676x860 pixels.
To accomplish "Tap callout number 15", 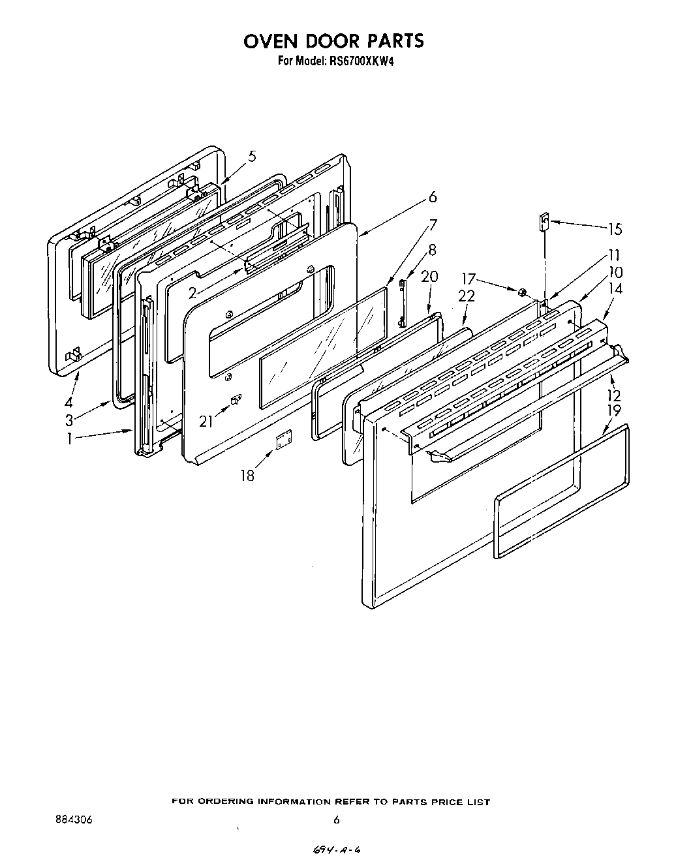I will [615, 229].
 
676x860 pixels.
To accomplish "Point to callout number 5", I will [252, 156].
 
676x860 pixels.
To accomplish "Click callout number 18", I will [247, 475].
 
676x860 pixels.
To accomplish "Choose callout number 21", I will [206, 422].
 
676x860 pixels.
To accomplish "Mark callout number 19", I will [614, 411].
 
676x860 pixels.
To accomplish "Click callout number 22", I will [466, 296].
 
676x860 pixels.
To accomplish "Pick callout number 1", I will [69, 439].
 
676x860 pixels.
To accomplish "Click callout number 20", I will [429, 277].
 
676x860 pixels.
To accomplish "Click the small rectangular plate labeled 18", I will [283, 440].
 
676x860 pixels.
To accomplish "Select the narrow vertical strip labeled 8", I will [403, 301].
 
